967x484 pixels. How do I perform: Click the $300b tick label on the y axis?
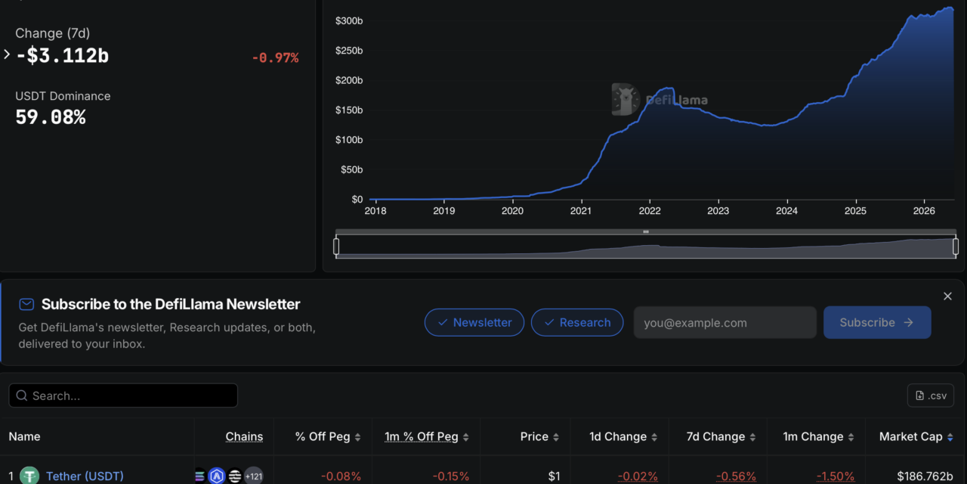coord(349,20)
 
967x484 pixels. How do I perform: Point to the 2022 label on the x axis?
coord(650,211)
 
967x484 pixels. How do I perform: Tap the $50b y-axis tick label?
coord(351,169)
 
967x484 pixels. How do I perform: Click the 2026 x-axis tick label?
coord(924,211)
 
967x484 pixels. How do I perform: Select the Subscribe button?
coord(877,322)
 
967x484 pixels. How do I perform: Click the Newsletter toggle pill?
coord(474,322)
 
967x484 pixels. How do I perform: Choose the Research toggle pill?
coord(577,322)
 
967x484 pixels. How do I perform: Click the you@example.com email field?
coord(724,322)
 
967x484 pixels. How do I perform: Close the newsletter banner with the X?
coord(947,296)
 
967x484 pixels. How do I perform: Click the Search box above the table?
coord(123,396)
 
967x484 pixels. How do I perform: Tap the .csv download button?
coord(931,396)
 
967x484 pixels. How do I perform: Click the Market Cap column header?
coord(911,437)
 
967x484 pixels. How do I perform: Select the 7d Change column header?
coord(715,437)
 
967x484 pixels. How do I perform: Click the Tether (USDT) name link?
coord(85,476)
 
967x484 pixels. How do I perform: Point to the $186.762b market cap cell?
coord(925,476)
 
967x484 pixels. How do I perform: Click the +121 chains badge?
coord(254,476)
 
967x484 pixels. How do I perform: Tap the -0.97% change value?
coord(276,58)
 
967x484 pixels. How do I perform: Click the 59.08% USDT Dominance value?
coord(51,117)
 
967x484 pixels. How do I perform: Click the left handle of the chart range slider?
coord(336,247)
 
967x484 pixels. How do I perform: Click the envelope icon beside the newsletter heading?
coord(26,304)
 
